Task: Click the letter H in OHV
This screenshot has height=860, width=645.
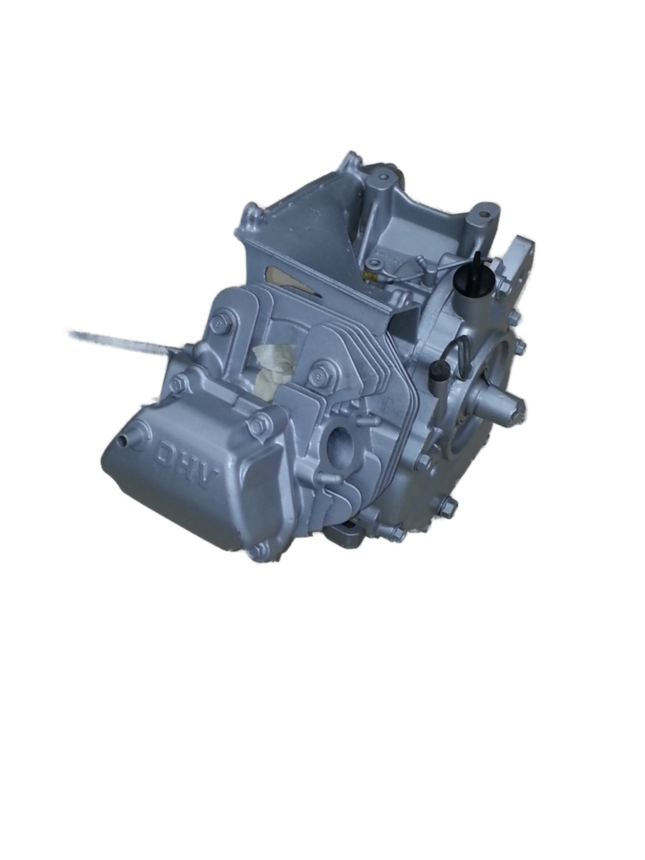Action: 187,466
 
